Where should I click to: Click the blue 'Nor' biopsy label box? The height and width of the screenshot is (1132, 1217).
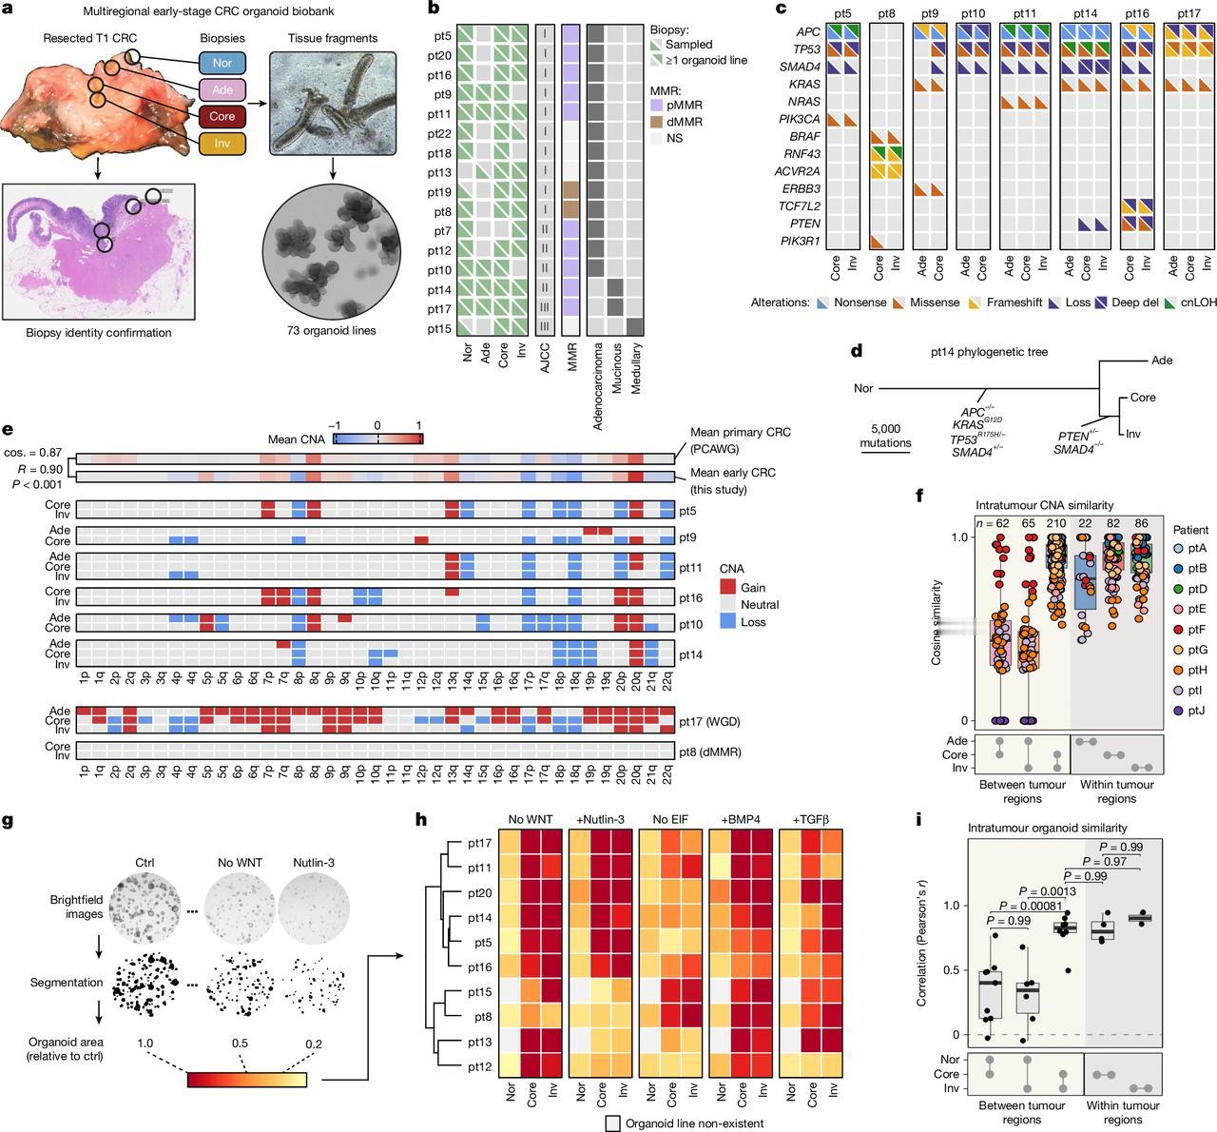pyautogui.click(x=221, y=65)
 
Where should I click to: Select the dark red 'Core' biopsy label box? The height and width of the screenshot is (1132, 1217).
pyautogui.click(x=221, y=117)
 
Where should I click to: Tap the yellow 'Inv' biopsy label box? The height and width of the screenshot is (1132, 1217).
pyautogui.click(x=221, y=144)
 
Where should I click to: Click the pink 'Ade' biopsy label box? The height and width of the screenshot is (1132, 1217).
pyautogui.click(x=221, y=91)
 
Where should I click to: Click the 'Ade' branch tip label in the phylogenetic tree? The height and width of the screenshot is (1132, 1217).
pyautogui.click(x=1161, y=361)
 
